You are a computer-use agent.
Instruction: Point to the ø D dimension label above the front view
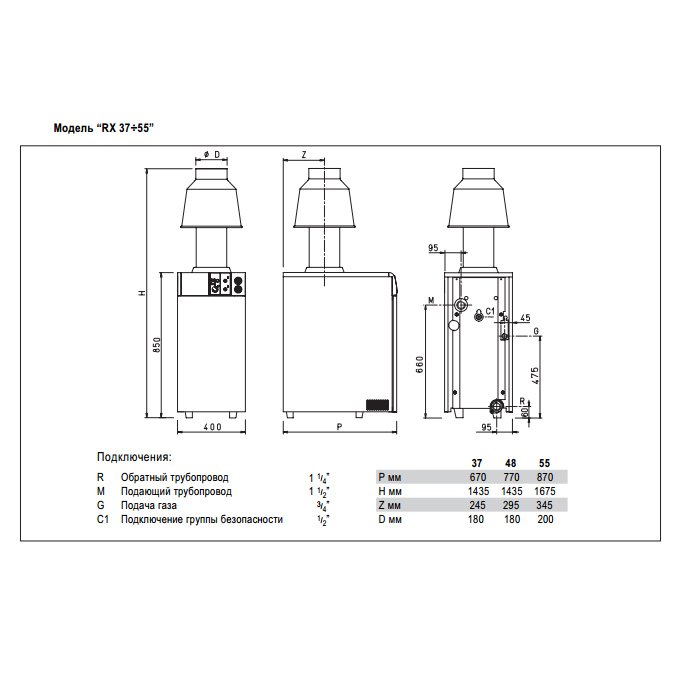tap(210, 154)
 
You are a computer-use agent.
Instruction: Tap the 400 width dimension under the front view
tap(211, 427)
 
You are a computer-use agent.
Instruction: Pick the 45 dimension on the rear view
tap(525, 318)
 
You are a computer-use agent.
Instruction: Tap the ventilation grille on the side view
tap(376, 405)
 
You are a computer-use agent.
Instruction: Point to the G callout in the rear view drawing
tap(536, 331)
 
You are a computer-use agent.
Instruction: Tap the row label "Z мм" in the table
tap(391, 505)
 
